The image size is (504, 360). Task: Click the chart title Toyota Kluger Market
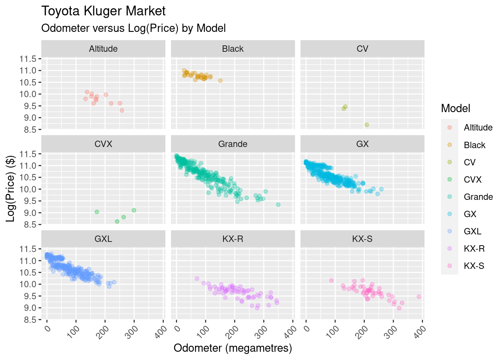coord(103,11)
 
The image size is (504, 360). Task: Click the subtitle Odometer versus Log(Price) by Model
coord(133,28)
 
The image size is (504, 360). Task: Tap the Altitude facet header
coord(103,49)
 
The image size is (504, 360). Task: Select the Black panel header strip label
coord(232,49)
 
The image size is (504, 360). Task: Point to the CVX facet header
coord(103,144)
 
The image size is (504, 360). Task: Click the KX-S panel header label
coord(362,239)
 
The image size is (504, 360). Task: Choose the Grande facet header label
coord(232,144)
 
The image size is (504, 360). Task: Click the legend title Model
coord(455,108)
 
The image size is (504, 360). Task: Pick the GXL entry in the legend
coord(472,231)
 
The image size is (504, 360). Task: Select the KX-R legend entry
coord(474,249)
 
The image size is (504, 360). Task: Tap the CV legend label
coord(469,162)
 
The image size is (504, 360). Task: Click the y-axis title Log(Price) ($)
coord(10,188)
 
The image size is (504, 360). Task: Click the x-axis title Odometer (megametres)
coord(232,348)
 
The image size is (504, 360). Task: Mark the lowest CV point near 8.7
coord(367,125)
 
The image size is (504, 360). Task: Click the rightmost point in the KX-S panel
coord(419,297)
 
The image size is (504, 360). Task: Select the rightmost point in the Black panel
coord(220,81)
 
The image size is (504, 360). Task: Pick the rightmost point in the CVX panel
coord(134,210)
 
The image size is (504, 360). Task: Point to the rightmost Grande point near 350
coord(278,205)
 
